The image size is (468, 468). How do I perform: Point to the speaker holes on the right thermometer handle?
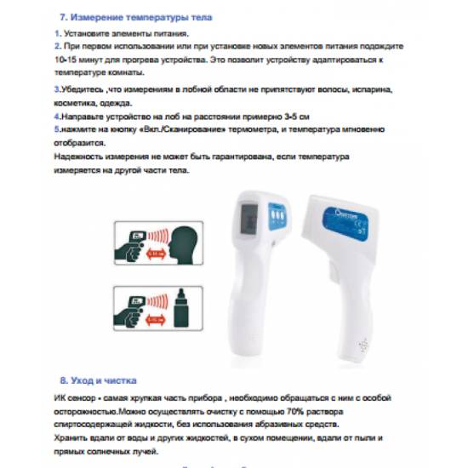pyautogui.click(x=362, y=347)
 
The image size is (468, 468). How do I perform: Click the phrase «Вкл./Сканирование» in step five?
pyautogui.click(x=174, y=128)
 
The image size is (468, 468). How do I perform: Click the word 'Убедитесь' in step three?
pyautogui.click(x=79, y=88)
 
